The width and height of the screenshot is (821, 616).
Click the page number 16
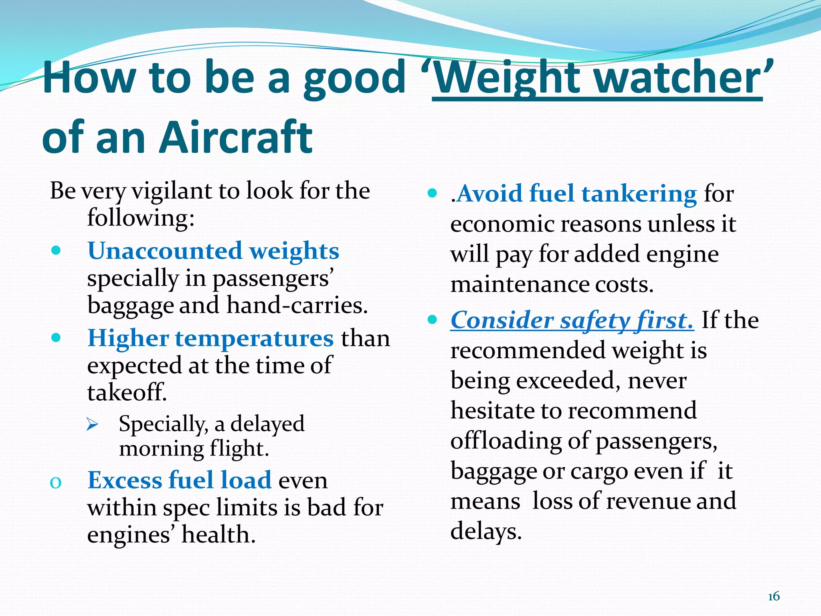point(774,596)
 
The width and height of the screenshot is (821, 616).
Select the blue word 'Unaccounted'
point(165,251)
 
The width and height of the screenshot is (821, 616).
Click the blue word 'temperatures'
point(254,338)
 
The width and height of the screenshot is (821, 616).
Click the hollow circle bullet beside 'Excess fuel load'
point(56,483)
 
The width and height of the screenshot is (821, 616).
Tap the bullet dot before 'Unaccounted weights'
point(56,251)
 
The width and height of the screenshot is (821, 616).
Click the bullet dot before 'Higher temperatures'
point(56,338)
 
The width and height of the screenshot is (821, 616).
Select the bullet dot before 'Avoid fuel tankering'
point(432,193)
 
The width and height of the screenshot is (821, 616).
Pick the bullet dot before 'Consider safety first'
point(432,320)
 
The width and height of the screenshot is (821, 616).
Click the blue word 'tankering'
point(639,194)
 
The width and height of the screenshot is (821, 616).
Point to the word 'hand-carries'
point(297,306)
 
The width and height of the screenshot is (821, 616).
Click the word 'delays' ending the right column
point(485,531)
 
